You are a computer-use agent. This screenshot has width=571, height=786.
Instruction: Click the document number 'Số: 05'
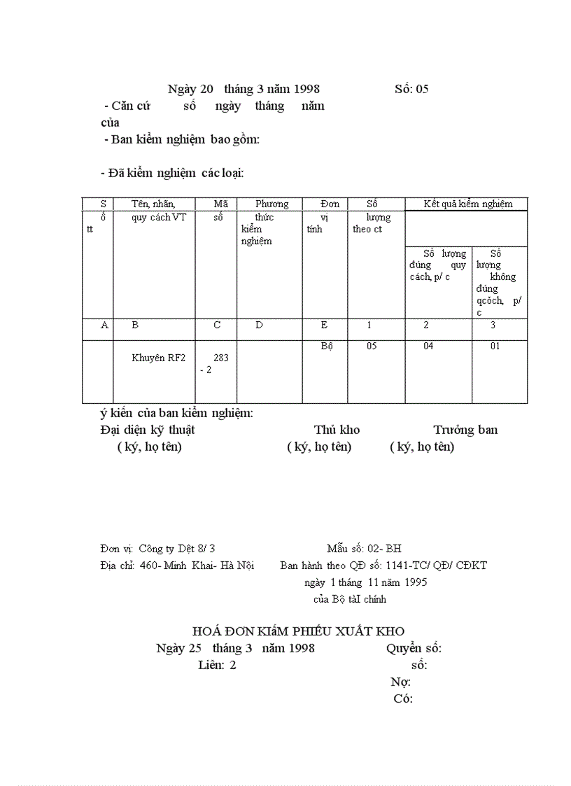[411, 89]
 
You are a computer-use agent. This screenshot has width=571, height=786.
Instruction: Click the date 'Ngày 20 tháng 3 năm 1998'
[244, 89]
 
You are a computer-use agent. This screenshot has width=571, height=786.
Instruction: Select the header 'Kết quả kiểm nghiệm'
[468, 204]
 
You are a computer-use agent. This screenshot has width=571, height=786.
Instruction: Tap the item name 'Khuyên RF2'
[159, 358]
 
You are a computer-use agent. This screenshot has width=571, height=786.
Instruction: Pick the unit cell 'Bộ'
[327, 346]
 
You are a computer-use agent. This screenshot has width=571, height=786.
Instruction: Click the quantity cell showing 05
[372, 346]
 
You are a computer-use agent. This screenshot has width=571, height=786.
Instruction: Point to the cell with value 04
[428, 346]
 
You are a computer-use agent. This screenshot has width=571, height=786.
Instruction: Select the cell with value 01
[495, 346]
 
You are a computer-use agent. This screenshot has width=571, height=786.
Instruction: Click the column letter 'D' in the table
[259, 325]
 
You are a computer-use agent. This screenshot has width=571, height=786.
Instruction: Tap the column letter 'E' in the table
[324, 325]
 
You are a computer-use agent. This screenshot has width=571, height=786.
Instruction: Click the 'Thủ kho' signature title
[337, 430]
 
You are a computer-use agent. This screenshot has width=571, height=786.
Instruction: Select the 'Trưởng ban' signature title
[465, 430]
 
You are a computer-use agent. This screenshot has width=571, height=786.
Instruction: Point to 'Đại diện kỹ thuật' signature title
[148, 430]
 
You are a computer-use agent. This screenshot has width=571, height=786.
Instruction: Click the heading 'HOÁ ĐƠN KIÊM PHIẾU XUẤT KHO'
[298, 631]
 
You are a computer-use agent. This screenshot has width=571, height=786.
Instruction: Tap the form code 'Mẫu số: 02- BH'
[364, 549]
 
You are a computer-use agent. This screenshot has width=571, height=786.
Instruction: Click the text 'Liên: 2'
[217, 665]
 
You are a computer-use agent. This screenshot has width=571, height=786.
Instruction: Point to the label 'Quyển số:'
[414, 648]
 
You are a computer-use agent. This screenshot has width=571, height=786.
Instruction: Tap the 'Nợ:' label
[400, 682]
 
